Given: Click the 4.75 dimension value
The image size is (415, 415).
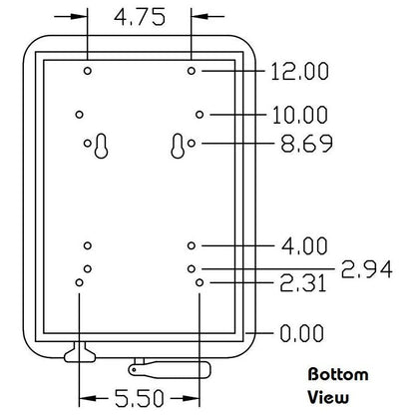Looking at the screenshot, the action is (x=140, y=17).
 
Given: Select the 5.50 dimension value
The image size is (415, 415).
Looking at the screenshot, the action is (x=140, y=398).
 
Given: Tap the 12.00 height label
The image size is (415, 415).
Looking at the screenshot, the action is (x=300, y=72).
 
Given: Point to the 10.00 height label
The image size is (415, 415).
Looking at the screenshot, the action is (x=300, y=115).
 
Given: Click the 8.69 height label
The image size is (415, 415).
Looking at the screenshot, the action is (x=306, y=144).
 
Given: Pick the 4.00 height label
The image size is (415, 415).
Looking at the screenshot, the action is (x=304, y=246).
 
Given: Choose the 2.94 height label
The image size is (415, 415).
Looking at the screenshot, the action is (x=367, y=269).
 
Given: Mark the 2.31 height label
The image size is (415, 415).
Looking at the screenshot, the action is (x=303, y=283).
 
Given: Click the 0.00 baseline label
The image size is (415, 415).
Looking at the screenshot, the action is (x=301, y=333).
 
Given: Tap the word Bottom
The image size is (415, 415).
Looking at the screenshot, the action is (x=338, y=375).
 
